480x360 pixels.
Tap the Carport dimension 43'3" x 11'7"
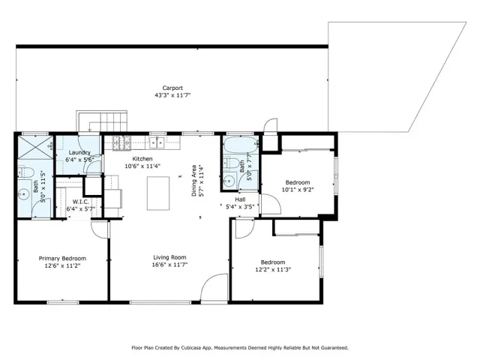point(172,95)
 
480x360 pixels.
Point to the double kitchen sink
point(157,141)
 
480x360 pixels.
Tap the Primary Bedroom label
point(63,258)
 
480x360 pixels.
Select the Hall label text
point(240,199)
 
